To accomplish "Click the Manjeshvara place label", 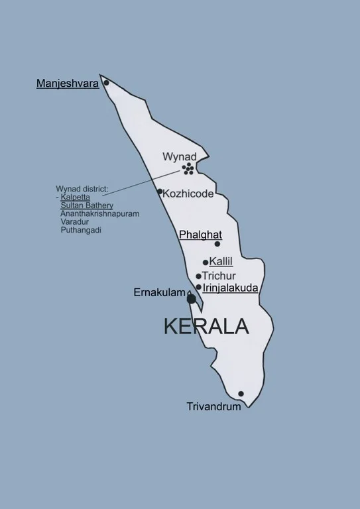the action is pos(68,84).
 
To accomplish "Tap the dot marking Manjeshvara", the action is pos(105,84).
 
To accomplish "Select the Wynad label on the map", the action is pos(180,156).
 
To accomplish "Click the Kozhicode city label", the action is pos(188,194).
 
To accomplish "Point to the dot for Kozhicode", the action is pos(160,192).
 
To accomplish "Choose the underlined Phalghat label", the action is pos(200,235).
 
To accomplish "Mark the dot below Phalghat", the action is pos(217,244).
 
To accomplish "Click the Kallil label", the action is pos(221,262).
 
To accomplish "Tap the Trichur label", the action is pos(219,276).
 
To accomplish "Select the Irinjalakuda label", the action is pos(230,288).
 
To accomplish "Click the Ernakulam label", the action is pos(159,292).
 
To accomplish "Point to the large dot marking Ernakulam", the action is pos(192,299).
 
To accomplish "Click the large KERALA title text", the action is pos(206,326).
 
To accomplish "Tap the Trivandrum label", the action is pos(213,406).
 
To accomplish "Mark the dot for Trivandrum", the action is pos(241,394).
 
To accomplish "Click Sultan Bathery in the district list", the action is pos(87,205).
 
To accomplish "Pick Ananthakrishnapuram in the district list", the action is pos(99,213).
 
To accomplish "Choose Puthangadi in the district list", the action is pos(80,230).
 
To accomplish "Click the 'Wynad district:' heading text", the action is pos(82,189).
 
